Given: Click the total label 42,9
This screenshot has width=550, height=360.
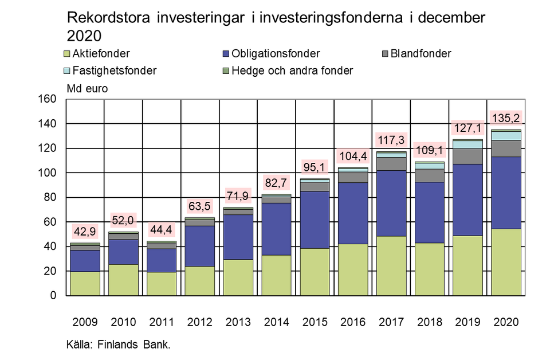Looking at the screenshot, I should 85,232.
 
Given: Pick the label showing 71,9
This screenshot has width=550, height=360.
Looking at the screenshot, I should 238,197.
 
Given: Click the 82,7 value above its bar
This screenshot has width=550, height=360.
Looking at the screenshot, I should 276,183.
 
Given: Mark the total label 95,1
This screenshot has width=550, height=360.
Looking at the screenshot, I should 315,168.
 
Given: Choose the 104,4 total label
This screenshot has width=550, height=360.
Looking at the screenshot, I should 352,156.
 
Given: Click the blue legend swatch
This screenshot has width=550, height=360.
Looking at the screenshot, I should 226,53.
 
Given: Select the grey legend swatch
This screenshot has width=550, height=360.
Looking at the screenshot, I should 386,53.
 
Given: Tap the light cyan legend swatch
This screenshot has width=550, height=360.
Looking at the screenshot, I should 67,71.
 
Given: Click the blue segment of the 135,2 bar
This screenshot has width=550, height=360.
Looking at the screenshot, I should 506,193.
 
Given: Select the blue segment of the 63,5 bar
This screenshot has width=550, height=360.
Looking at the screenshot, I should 199,246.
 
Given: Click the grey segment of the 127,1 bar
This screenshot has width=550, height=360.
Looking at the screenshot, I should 467,156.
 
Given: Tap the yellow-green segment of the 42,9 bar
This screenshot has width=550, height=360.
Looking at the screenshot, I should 85,283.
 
